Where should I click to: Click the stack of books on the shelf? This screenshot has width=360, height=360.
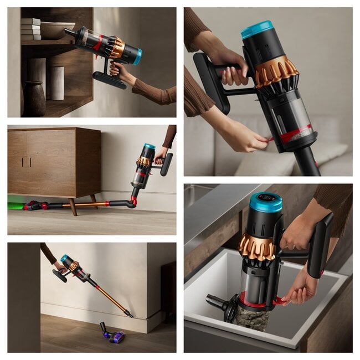click(x=31, y=29)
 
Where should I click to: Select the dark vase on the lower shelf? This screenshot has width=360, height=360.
click(x=34, y=99)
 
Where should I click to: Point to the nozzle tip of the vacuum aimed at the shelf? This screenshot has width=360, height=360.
click(x=67, y=32)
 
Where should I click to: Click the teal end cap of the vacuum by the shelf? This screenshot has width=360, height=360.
click(x=138, y=56)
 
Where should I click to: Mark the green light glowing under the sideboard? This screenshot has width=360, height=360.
click(x=16, y=205)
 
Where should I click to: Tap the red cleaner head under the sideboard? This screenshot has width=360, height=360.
click(x=33, y=205)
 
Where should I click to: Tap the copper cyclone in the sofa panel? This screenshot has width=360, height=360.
click(x=275, y=71)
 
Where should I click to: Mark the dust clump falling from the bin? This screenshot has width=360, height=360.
click(x=252, y=320)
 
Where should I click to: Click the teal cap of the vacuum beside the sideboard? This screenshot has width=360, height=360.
click(x=149, y=147)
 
